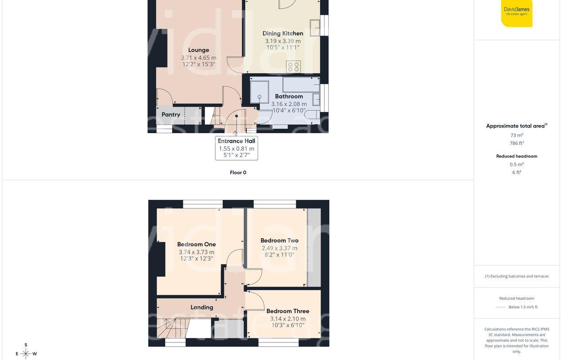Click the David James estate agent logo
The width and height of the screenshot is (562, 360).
[517, 13]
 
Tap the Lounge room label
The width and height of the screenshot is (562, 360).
[198, 50]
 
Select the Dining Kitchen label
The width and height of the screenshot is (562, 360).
[283, 33]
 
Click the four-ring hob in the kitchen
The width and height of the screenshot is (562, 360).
[294, 67]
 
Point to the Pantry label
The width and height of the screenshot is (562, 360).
[171, 115]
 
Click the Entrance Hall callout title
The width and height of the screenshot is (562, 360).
[236, 141]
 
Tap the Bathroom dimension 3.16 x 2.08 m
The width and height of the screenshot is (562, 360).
[289, 104]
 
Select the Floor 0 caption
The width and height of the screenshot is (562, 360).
[238, 172]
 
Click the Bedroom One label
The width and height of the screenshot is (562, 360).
[196, 244]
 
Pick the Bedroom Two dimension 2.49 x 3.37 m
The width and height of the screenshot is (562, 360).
[279, 248]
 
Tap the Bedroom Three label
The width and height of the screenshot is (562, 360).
[288, 311]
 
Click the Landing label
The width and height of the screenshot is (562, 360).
[201, 307]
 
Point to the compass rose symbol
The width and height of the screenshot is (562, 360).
[26, 354]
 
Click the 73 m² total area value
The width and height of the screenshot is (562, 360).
[517, 135]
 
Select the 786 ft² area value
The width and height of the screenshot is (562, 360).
[517, 143]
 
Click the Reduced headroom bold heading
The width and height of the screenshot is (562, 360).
[517, 156]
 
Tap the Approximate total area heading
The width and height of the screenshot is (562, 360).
[515, 126]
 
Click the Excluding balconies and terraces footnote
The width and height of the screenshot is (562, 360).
[517, 276]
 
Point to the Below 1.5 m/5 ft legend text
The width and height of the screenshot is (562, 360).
[523, 307]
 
